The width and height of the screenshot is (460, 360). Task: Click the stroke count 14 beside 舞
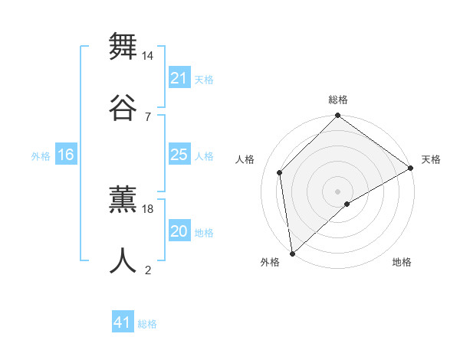[148, 56]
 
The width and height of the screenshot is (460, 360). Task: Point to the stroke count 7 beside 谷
[147, 116]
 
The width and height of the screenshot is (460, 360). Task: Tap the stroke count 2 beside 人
[147, 270]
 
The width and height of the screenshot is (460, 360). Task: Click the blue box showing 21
[179, 78]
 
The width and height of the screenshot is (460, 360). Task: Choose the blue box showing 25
[179, 155]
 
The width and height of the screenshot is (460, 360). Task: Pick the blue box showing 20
[179, 231]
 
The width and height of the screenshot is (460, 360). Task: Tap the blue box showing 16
[66, 155]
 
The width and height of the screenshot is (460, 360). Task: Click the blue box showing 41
[123, 322]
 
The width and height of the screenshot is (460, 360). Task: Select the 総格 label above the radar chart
[338, 100]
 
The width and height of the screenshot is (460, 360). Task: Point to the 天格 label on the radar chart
[431, 159]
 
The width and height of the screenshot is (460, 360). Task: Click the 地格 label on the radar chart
[402, 262]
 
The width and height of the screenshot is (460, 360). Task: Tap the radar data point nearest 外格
[292, 253]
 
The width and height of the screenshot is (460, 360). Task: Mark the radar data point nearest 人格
[280, 172]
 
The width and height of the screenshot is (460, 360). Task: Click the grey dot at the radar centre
[337, 191]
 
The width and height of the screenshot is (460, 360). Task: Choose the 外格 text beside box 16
[41, 155]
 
